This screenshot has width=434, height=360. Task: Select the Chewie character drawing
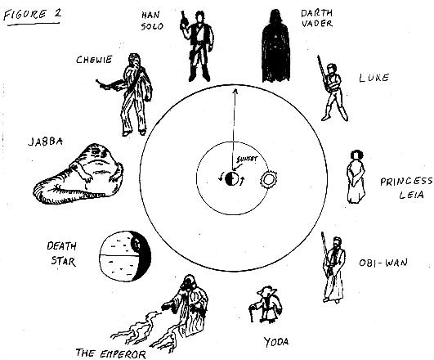pyautogui.click(x=130, y=94)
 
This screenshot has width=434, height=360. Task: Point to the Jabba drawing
pyautogui.click(x=79, y=174)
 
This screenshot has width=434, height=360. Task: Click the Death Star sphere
pyautogui.click(x=125, y=256)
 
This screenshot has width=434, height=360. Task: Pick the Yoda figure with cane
pyautogui.click(x=266, y=304)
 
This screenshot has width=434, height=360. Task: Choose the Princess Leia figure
pyautogui.click(x=356, y=177)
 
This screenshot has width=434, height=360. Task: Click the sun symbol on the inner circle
pyautogui.click(x=268, y=179)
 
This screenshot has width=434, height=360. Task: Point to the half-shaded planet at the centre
pyautogui.click(x=231, y=178)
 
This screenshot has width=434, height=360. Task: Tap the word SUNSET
pyautogui.click(x=247, y=160)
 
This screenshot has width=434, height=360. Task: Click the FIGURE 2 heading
pyautogui.click(x=32, y=15)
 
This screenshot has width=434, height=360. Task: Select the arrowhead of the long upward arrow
pyautogui.click(x=235, y=92)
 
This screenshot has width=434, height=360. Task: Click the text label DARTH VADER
pyautogui.click(x=316, y=18)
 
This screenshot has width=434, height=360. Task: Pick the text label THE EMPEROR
pyautogui.click(x=110, y=353)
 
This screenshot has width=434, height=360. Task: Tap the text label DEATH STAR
pyautogui.click(x=62, y=254)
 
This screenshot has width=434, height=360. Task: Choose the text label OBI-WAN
pyautogui.click(x=383, y=263)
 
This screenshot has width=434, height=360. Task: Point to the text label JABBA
pyautogui.click(x=46, y=142)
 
